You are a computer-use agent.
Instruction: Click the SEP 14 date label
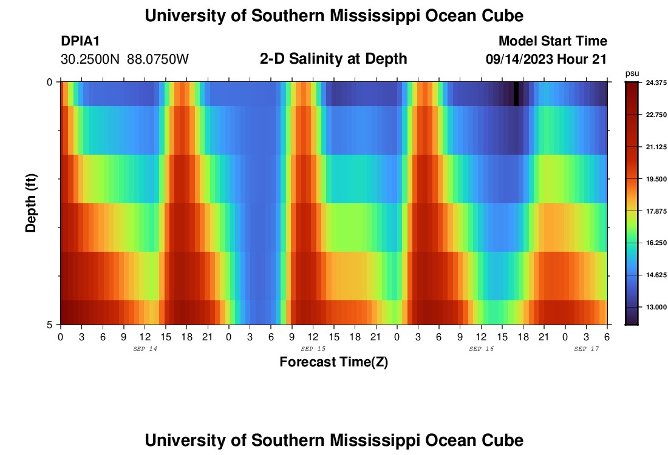pyautogui.click(x=145, y=349)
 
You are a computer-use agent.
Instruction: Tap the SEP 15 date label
pyautogui.click(x=313, y=349)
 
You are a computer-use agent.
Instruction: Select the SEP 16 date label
pyautogui.click(x=482, y=349)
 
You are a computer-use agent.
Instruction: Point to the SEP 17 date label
pyautogui.click(x=587, y=349)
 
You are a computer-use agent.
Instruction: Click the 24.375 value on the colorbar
pyautogui.click(x=653, y=83)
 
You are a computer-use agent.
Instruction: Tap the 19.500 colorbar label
pyautogui.click(x=653, y=179)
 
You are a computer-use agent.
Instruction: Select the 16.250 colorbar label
pyautogui.click(x=653, y=243)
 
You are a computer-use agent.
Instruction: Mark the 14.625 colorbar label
pyautogui.click(x=653, y=275)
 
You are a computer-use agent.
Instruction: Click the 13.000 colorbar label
pyautogui.click(x=653, y=307)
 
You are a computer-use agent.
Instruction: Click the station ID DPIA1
pyautogui.click(x=80, y=41)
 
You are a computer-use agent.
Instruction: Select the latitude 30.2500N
pyautogui.click(x=91, y=59)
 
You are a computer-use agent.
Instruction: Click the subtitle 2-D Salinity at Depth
pyautogui.click(x=333, y=59)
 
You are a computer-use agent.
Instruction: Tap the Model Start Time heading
pyautogui.click(x=553, y=41)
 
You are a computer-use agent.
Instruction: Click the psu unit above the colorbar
pyautogui.click(x=632, y=73)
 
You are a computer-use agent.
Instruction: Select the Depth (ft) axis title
pyautogui.click(x=32, y=203)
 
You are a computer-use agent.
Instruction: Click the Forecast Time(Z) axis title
pyautogui.click(x=333, y=362)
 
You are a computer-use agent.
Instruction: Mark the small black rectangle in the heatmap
pyautogui.click(x=516, y=94)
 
